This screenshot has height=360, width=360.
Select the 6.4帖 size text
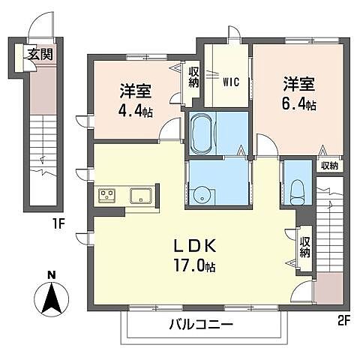click(299, 103)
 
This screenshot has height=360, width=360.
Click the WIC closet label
click(230, 80)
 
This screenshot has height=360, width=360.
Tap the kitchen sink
click(139, 196)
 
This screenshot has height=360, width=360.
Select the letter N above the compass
click(50, 275)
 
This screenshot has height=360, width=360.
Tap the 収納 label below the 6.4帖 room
click(328, 166)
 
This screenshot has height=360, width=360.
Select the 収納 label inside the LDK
click(305, 247)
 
